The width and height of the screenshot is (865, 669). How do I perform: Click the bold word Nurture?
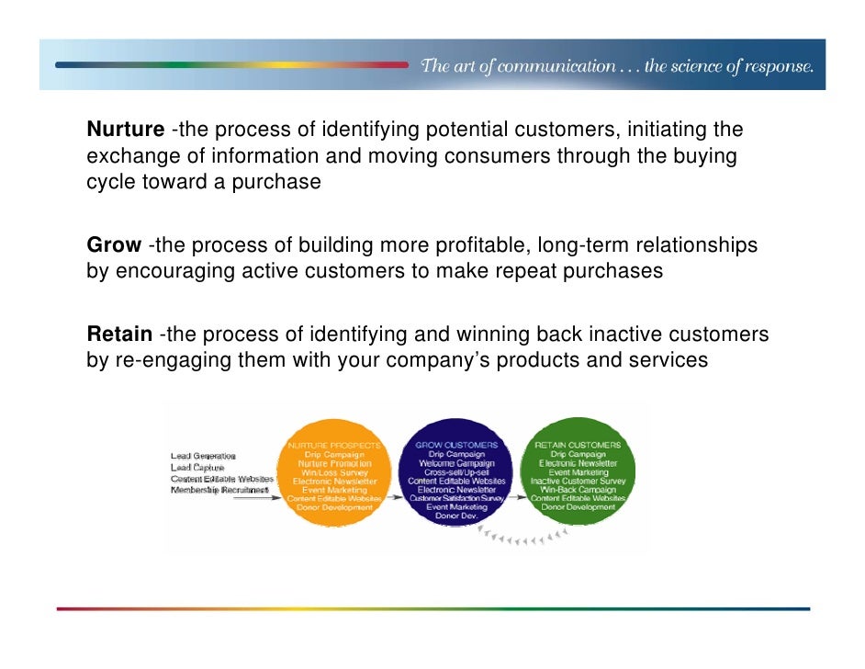[x=126, y=130]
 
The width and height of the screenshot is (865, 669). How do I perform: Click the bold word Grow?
[x=114, y=245]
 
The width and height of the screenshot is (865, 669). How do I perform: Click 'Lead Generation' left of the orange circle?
[x=203, y=456]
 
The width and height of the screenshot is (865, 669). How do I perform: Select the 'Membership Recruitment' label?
[x=220, y=491]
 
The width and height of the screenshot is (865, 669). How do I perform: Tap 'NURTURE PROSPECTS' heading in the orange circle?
[x=334, y=445]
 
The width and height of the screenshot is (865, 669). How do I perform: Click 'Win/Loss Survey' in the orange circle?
[x=334, y=471]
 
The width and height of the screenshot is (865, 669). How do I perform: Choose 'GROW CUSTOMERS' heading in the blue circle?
[x=456, y=445]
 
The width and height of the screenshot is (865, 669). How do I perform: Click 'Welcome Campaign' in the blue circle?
[x=456, y=463]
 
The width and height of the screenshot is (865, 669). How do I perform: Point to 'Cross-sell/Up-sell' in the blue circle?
[x=456, y=471]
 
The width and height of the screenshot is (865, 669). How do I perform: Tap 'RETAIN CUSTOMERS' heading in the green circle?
[x=578, y=445]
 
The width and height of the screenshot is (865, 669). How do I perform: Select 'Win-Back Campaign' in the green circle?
[x=578, y=489]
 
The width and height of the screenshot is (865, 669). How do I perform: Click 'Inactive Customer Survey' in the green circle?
[x=578, y=481]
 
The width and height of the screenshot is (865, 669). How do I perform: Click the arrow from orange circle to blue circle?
[x=395, y=497]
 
